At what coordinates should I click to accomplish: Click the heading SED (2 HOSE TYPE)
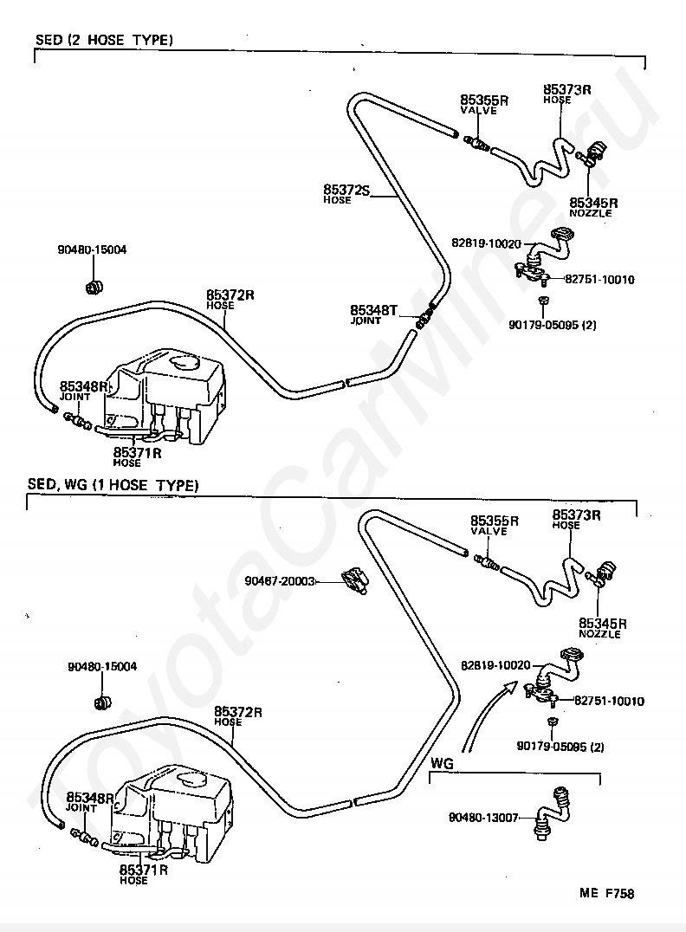point(104,40)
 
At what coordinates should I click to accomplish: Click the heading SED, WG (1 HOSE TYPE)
point(113,485)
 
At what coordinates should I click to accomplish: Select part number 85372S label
point(346,190)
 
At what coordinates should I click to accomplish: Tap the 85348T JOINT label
point(373,314)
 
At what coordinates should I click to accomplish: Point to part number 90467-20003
point(280,580)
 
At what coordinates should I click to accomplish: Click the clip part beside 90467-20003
point(355,579)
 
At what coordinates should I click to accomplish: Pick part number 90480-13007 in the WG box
point(483,818)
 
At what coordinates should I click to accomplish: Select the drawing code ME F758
point(607,893)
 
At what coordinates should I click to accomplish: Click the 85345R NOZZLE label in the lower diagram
point(603,628)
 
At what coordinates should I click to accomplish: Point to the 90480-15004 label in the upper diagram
point(92,250)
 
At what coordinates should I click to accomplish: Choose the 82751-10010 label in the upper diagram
point(599,280)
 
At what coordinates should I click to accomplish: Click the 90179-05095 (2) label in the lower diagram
point(560,747)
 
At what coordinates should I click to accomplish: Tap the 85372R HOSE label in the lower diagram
point(238,716)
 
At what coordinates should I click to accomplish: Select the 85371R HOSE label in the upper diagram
point(138,456)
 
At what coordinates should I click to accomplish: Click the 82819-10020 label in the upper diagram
point(486,243)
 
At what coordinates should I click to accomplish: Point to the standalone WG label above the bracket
point(442,762)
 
